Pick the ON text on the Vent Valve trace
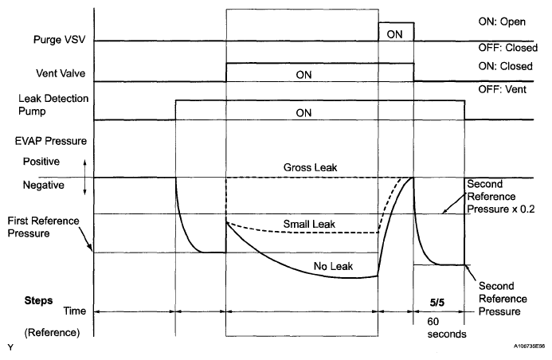(303, 74)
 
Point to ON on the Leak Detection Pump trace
(303, 112)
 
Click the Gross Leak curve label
(307, 168)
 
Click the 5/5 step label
(438, 302)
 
